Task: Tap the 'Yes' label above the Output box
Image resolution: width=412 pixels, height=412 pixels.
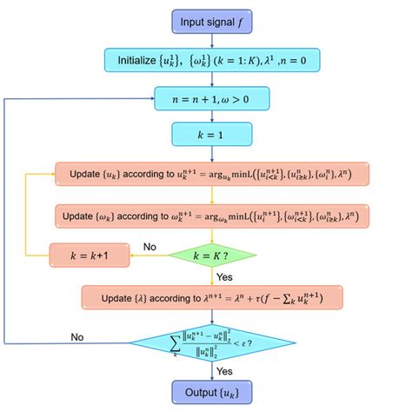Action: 225,370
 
